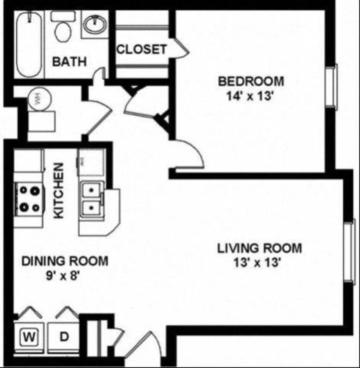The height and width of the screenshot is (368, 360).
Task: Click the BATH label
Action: pyautogui.click(x=69, y=61)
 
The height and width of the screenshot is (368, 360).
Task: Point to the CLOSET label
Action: pyautogui.click(x=141, y=49)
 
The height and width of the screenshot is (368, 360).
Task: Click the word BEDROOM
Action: pyautogui.click(x=251, y=81)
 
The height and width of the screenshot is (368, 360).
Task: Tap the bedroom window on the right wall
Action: pyautogui.click(x=332, y=86)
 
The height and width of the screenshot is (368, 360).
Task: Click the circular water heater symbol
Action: pyautogui.click(x=38, y=99)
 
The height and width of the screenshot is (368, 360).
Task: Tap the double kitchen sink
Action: pyautogui.click(x=92, y=200)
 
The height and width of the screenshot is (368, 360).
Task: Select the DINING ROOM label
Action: pyautogui.click(x=64, y=261)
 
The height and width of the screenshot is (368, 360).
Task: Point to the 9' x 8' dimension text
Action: pyautogui.click(x=64, y=276)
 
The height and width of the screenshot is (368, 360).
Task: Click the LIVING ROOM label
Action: pyautogui.click(x=259, y=248)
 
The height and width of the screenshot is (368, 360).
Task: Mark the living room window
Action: pyautogui.click(x=349, y=253)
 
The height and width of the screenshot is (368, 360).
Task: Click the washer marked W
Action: pyautogui.click(x=28, y=337)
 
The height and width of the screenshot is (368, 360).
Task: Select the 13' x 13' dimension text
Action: pyautogui.click(x=259, y=263)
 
